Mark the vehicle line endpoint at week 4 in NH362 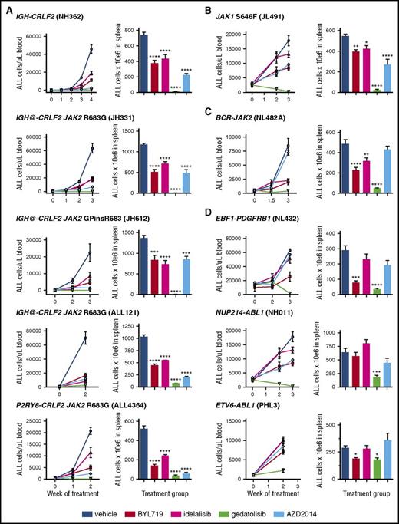(x=91, y=49)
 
